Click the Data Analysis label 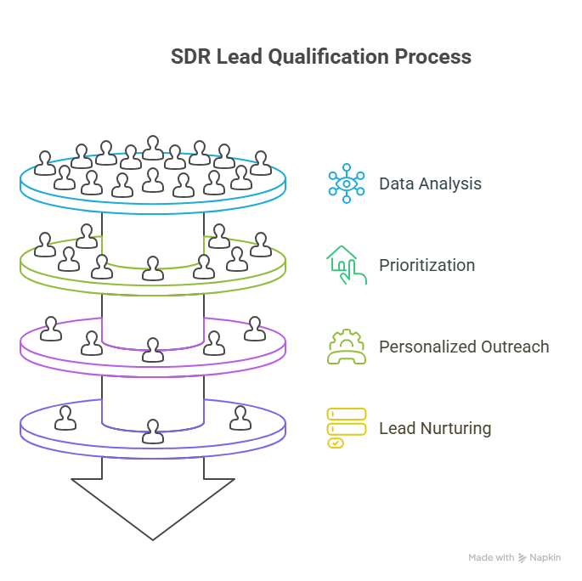pyautogui.click(x=430, y=183)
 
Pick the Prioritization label pyautogui.click(x=427, y=265)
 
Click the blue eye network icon pyautogui.click(x=347, y=183)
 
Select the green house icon pyautogui.click(x=346, y=264)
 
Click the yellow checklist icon pyautogui.click(x=346, y=428)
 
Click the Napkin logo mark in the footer pyautogui.click(x=522, y=558)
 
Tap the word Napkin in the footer pyautogui.click(x=545, y=558)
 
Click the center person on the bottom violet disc pyautogui.click(x=153, y=431)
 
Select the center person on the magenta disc pyautogui.click(x=153, y=349)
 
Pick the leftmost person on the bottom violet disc pyautogui.click(x=65, y=417)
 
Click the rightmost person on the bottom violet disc pyautogui.click(x=241, y=417)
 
